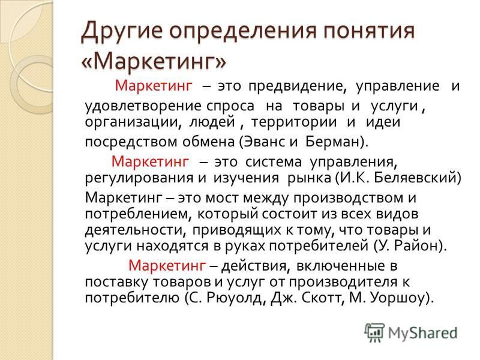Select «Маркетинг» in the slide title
(x=154, y=61)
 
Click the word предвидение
(x=297, y=86)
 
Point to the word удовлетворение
(x=143, y=106)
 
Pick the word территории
(x=294, y=122)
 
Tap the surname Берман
(x=333, y=142)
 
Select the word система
(x=274, y=161)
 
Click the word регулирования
(x=139, y=178)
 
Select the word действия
(x=256, y=266)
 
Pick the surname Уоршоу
(x=398, y=298)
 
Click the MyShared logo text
(x=422, y=333)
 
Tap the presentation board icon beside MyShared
(x=374, y=333)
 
